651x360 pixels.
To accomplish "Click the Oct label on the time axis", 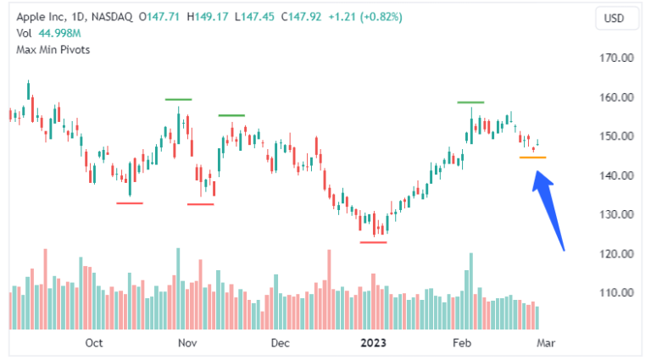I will [94, 343].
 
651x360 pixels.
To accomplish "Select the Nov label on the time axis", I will [187, 343].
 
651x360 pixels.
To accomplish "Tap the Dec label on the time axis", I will [280, 343].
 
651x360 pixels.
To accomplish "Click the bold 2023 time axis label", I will [374, 343].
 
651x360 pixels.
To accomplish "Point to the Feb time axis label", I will [461, 343].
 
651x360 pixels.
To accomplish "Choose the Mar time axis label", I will [546, 343].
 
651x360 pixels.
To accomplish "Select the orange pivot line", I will [532, 158].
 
